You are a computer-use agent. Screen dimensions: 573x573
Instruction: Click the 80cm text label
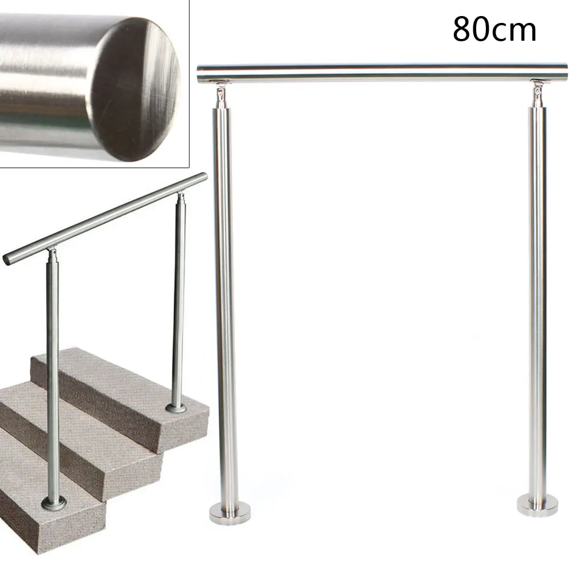(494, 30)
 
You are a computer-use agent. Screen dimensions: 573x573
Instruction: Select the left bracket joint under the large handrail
(221, 95)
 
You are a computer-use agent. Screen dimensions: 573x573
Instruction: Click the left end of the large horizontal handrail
(201, 74)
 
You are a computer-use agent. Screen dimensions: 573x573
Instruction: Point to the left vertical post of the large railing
(226, 298)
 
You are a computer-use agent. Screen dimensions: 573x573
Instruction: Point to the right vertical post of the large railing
(537, 298)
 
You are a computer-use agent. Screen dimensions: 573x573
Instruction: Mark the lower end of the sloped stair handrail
(8, 259)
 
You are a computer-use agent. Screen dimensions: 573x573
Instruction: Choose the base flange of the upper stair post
(176, 409)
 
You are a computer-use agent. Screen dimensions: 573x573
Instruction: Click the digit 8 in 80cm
(464, 30)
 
